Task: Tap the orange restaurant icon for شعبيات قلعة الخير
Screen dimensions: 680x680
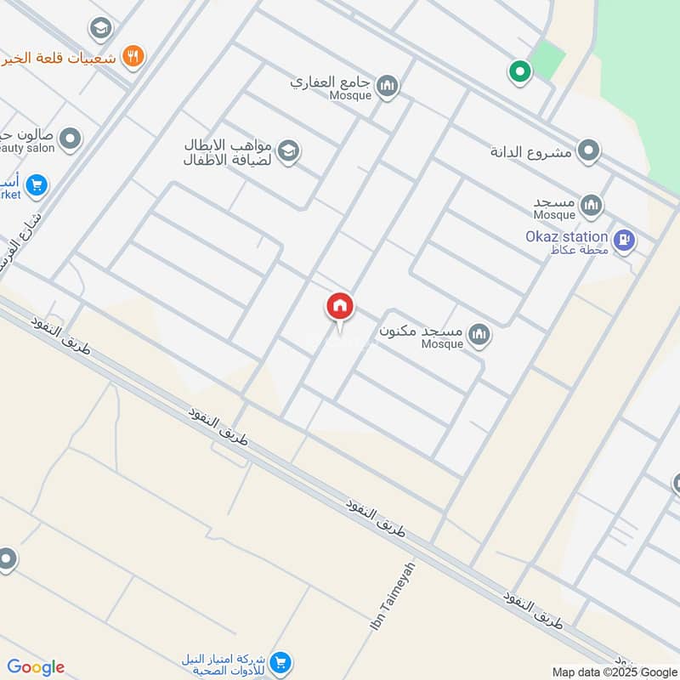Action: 133,57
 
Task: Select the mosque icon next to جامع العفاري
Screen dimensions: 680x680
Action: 388,87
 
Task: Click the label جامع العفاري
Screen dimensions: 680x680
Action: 332,83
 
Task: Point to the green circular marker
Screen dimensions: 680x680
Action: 519,72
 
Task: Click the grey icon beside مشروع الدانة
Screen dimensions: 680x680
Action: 588,152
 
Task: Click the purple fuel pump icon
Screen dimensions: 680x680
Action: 625,242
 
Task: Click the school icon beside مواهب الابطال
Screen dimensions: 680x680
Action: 289,151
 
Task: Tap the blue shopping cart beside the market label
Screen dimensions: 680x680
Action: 36,184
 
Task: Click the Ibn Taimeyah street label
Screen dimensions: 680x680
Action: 393,596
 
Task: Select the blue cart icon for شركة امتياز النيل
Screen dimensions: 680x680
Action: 281,662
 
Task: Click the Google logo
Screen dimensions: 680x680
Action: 36,667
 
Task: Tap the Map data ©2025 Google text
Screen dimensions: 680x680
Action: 614,671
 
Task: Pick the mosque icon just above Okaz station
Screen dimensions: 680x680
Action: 592,205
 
